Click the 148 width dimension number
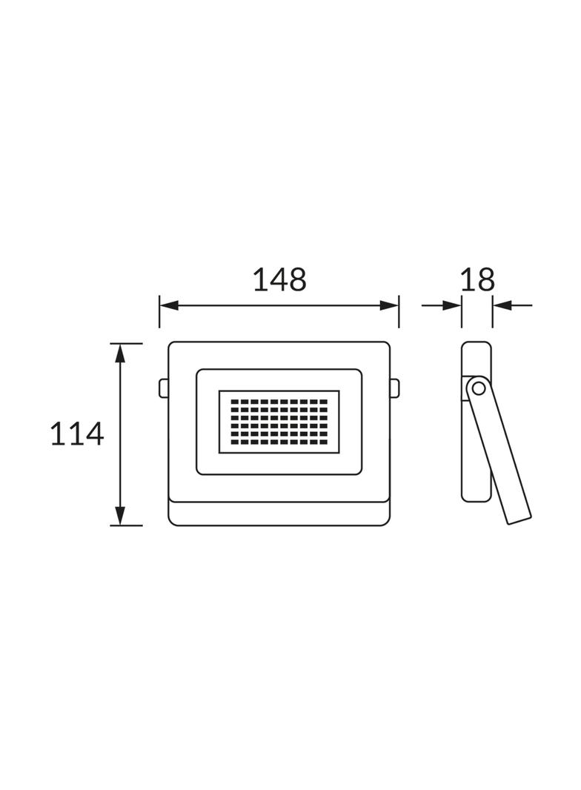[279, 280]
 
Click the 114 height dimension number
[77, 434]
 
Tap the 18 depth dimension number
[477, 280]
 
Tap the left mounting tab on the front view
[163, 387]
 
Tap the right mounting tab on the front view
[395, 387]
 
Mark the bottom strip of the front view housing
[279, 513]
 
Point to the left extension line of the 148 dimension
[159, 311]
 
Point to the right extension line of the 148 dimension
[399, 311]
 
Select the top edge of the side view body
[477, 342]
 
